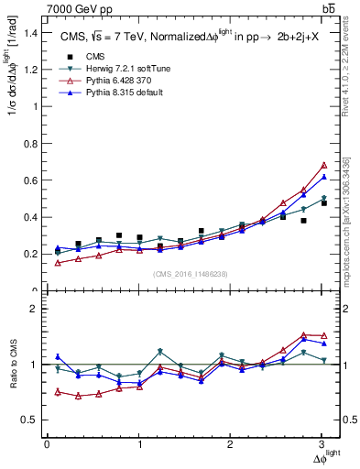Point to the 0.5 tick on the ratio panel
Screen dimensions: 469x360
coord(33,420)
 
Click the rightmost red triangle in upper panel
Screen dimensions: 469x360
coord(323,165)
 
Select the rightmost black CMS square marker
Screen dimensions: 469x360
coord(323,203)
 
